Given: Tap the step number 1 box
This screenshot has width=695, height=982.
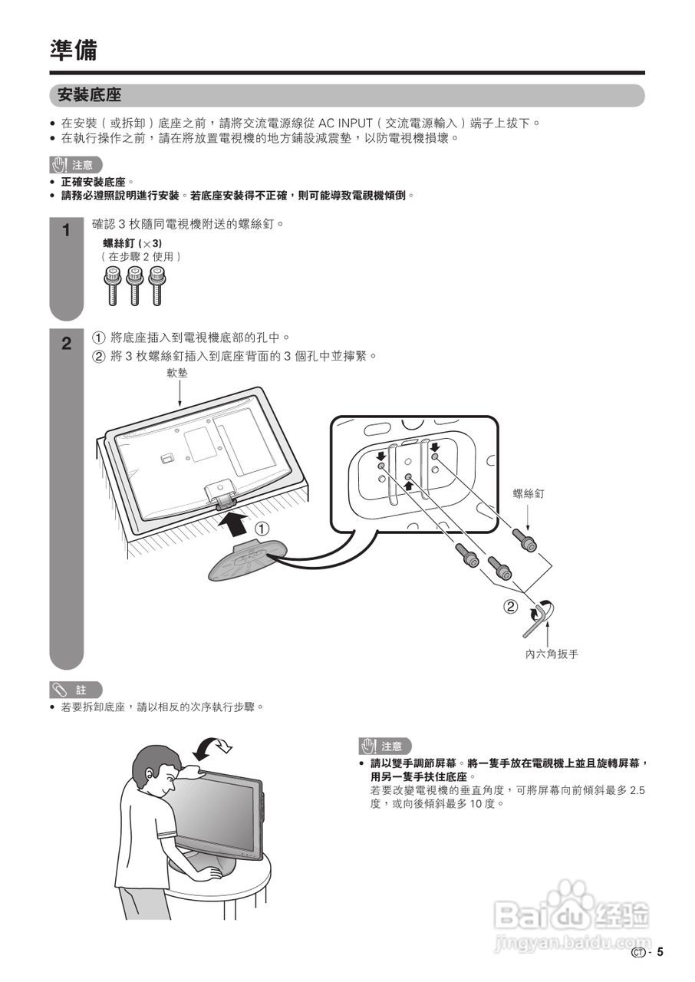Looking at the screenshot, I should click(x=67, y=230).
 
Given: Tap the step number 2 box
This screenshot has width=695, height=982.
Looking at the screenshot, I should click(x=67, y=343).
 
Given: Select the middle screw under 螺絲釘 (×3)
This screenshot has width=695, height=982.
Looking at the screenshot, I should click(x=134, y=286).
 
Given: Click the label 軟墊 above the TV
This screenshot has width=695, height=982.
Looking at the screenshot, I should click(x=177, y=374).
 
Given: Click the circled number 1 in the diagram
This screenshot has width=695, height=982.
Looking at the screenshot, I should click(x=262, y=529).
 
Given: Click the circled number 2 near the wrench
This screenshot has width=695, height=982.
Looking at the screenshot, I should click(x=510, y=607).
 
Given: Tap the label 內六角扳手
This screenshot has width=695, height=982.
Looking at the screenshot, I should click(x=552, y=654).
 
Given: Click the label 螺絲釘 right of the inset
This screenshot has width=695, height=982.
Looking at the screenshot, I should click(x=529, y=494).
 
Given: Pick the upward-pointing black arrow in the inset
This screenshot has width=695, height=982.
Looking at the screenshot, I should click(x=409, y=486).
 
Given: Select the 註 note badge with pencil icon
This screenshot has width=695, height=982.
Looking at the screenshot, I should click(x=75, y=690).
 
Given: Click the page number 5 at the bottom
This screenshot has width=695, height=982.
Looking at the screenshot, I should click(x=659, y=953).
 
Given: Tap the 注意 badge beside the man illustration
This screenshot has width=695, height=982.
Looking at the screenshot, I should click(x=385, y=746).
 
